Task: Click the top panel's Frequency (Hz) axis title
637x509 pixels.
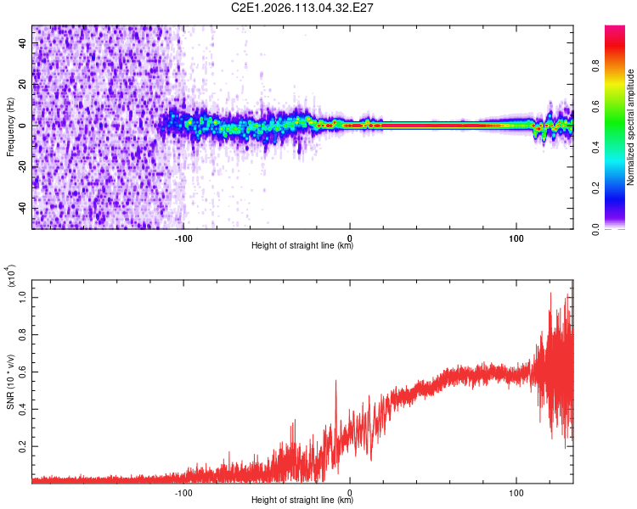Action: pyautogui.click(x=9, y=126)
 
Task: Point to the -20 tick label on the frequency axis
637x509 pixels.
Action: pyautogui.click(x=21, y=167)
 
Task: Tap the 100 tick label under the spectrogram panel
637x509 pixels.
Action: pyautogui.click(x=516, y=238)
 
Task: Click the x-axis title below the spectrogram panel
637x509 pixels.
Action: pyautogui.click(x=302, y=246)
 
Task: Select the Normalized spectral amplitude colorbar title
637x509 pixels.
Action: pyautogui.click(x=631, y=127)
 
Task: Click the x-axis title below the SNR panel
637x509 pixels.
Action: pyautogui.click(x=302, y=500)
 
